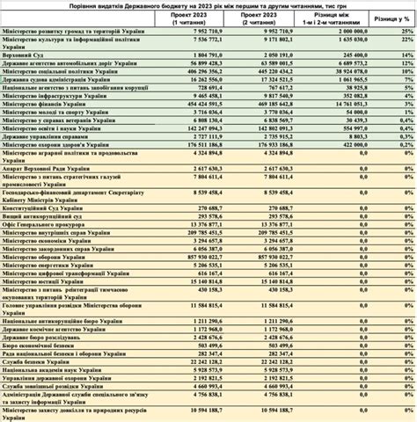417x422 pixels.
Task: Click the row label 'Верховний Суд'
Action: point(23,54)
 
